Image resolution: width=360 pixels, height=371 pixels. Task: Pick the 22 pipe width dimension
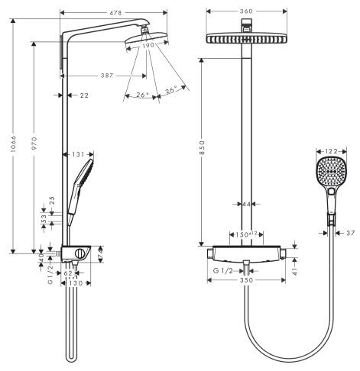83,95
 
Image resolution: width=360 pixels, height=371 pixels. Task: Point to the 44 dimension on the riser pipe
246,204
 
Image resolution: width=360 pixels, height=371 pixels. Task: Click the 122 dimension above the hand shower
331,152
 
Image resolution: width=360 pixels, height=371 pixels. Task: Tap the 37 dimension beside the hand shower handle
351,232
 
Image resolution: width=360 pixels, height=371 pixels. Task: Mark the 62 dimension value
69,272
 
